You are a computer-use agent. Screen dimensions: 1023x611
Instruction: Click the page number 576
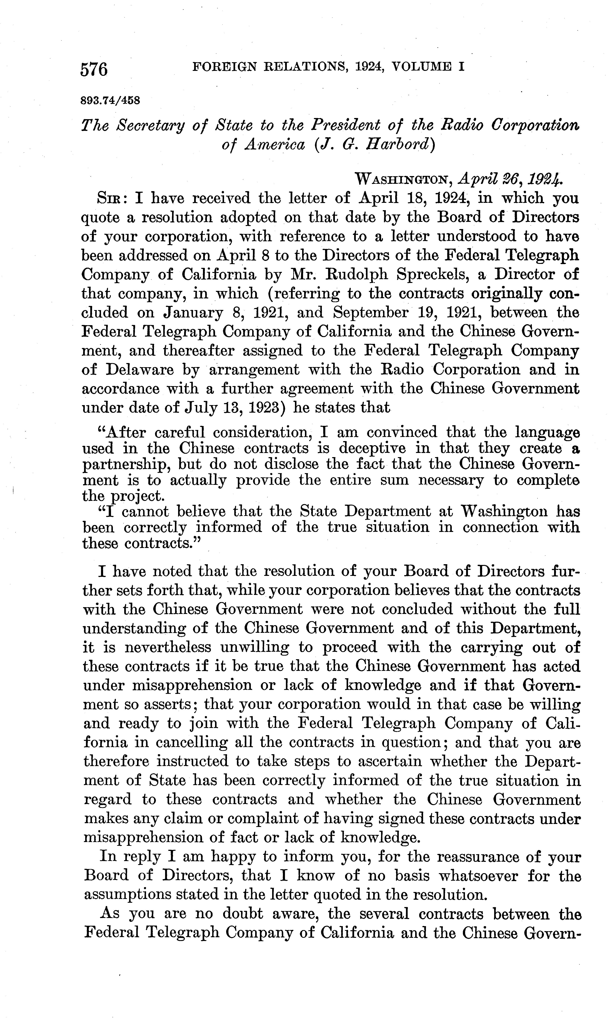(x=94, y=69)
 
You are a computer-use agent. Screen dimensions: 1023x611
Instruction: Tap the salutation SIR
(x=109, y=199)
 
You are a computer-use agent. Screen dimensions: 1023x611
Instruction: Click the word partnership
(x=126, y=464)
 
